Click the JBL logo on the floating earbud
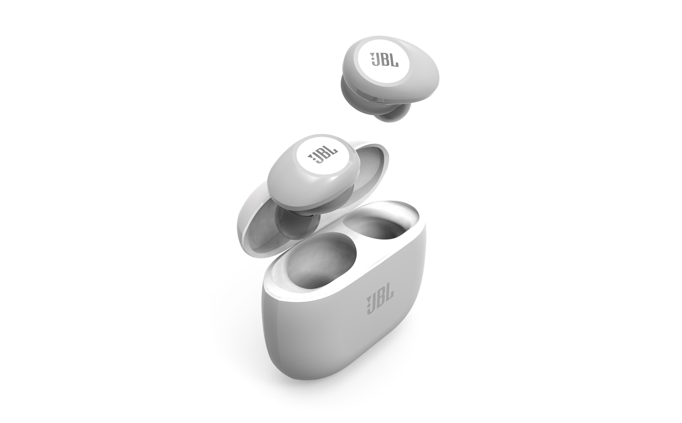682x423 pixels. tap(384, 60)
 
